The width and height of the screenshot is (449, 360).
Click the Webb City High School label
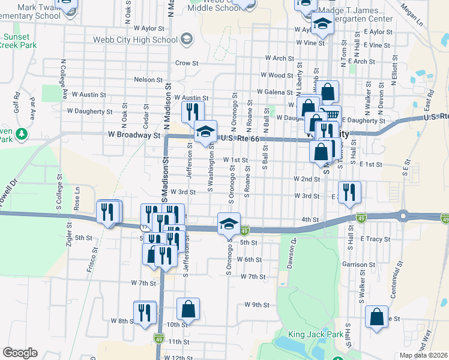point(135,40)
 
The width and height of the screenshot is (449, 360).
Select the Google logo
point(20,352)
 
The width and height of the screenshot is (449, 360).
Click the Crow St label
point(187,63)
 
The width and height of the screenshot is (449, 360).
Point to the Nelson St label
point(148,80)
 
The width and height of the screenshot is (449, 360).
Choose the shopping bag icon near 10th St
point(188,310)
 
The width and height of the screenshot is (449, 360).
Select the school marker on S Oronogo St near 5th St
point(229,224)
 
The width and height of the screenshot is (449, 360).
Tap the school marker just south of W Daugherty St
point(205,131)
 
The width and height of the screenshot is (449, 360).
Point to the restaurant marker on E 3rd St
point(350,192)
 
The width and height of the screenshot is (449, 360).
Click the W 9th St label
point(256,305)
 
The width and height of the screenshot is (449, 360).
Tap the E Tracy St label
point(375,239)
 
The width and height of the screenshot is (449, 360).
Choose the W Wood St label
point(277,76)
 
